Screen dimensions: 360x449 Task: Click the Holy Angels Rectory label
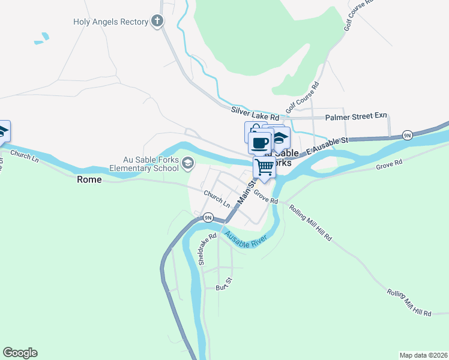(x=110, y=22)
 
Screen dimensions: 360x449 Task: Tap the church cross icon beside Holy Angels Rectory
(x=157, y=22)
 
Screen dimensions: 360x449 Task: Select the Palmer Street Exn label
(x=356, y=118)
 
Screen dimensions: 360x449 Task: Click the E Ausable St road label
(x=327, y=145)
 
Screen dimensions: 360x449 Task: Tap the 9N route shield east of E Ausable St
(x=407, y=135)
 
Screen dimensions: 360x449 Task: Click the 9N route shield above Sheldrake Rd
(x=208, y=217)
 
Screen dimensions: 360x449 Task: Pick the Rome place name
(x=90, y=179)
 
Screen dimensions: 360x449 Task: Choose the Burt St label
(x=224, y=284)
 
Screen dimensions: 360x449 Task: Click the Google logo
(x=20, y=353)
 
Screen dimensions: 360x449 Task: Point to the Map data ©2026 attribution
(x=423, y=355)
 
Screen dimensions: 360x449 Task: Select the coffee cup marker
(x=260, y=143)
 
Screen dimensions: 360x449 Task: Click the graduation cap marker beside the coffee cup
(x=280, y=138)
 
